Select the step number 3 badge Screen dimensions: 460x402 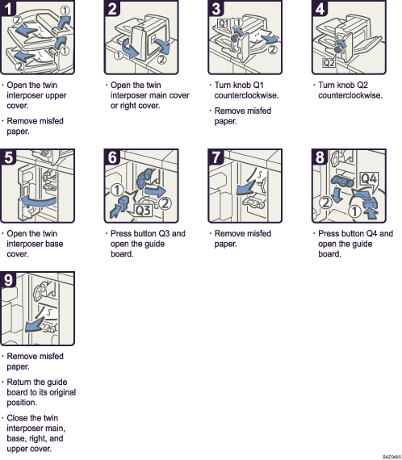click(x=216, y=10)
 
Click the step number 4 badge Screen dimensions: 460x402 click(x=320, y=10)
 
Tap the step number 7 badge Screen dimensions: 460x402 click(x=216, y=158)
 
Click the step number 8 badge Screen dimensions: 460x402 click(x=320, y=158)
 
